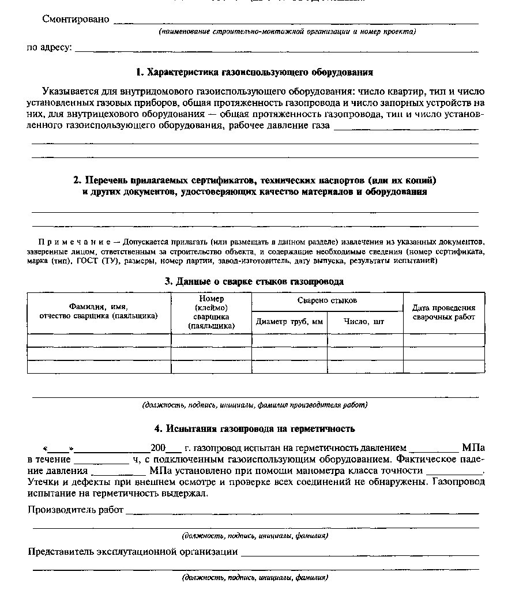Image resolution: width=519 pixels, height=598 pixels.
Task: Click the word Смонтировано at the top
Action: tap(76, 19)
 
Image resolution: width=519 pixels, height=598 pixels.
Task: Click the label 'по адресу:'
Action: tap(50, 47)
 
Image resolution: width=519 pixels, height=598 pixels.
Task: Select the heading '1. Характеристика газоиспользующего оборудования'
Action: tap(254, 73)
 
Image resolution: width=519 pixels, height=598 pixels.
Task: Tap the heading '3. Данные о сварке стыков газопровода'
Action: tap(254, 281)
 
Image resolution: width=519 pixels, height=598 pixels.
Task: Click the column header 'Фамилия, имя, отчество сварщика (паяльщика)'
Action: tap(99, 311)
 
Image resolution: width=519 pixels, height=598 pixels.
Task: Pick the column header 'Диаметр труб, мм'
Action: tap(289, 321)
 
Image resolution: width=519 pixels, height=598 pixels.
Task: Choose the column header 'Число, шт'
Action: tap(364, 321)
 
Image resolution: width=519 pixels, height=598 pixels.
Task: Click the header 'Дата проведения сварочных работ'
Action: tap(443, 313)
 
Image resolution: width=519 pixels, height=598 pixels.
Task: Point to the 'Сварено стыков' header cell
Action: tap(327, 300)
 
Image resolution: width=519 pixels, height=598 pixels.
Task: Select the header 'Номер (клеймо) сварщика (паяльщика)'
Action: tap(211, 312)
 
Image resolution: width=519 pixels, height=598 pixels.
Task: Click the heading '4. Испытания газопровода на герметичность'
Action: tap(254, 428)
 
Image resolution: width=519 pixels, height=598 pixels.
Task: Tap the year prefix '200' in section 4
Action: tap(157, 447)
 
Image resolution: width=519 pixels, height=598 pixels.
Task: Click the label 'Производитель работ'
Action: tap(76, 510)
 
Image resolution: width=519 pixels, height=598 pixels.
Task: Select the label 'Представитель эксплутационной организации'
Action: tap(133, 552)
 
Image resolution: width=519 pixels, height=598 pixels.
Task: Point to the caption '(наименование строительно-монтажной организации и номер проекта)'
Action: tap(287, 32)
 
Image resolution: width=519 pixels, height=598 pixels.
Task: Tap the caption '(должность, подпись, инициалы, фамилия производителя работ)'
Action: tap(254, 405)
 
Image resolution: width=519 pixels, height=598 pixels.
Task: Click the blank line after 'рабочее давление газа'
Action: tap(406, 127)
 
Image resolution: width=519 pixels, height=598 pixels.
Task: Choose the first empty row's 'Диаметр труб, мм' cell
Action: tap(289, 340)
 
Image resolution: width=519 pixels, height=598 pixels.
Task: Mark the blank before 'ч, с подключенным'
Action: tap(101, 460)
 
